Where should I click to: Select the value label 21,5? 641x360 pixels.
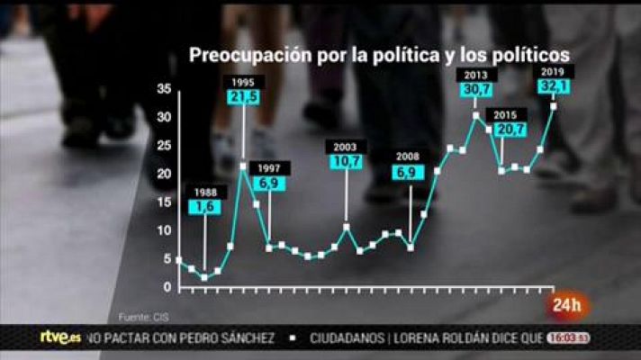(x=243, y=96)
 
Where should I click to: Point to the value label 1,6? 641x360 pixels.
(x=204, y=207)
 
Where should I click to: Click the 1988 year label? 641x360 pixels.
(x=204, y=192)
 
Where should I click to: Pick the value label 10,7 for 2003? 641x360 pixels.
(x=346, y=162)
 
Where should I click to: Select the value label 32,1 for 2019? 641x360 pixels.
(x=554, y=86)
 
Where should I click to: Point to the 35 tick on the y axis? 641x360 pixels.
(x=163, y=89)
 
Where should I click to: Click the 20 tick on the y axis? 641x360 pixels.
(x=163, y=174)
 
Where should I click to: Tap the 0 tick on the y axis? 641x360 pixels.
(x=167, y=287)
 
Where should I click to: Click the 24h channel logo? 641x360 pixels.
(x=568, y=304)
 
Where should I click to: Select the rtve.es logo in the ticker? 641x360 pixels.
(x=60, y=337)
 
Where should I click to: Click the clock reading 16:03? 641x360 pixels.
(x=567, y=337)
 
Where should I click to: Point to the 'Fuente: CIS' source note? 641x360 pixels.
(x=143, y=317)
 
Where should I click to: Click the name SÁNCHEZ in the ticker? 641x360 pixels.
(x=242, y=337)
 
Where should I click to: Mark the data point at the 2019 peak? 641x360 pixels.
(x=553, y=106)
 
